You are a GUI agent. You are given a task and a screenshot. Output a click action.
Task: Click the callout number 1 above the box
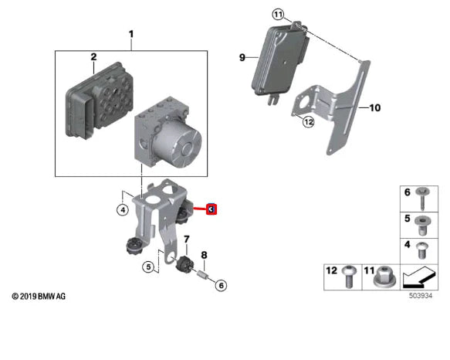pos(130,34)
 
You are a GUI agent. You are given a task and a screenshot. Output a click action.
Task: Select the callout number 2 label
pos(93,57)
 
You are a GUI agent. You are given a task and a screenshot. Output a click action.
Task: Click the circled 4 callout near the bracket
pos(122,209)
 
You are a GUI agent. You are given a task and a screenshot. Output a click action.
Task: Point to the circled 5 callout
pos(148,267)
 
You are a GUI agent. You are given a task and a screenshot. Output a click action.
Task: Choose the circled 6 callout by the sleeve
pos(221,286)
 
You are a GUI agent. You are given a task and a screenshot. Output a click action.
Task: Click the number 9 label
pos(242,57)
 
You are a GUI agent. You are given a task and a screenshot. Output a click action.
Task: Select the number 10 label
pos(374,108)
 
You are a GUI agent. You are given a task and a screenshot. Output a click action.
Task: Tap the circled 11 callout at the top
pos(279,14)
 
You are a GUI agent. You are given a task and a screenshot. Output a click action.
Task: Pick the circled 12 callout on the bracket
pos(308,121)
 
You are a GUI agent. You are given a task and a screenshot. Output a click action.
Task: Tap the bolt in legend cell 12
pos(347,277)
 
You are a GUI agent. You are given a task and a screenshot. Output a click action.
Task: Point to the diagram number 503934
pos(421,295)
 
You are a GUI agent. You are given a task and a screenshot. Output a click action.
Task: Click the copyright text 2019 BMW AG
pos(39,297)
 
